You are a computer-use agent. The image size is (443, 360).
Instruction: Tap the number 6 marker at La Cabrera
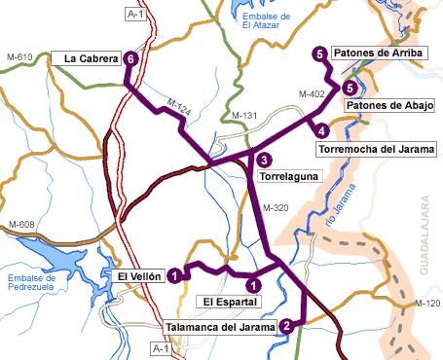click(130, 59)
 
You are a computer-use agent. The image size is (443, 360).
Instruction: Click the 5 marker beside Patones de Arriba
click(319, 54)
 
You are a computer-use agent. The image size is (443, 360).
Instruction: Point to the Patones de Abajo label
click(388, 105)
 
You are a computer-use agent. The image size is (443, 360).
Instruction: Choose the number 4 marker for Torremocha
click(320, 128)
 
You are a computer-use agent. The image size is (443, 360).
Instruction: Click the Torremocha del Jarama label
click(376, 149)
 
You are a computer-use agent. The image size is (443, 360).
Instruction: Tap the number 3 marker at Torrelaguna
click(264, 161)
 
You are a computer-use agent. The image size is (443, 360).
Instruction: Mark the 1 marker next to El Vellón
click(173, 276)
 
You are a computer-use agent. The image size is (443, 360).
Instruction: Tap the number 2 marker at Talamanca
click(285, 326)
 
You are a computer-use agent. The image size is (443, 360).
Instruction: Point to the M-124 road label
click(177, 104)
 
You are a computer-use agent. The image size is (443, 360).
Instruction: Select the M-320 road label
click(276, 208)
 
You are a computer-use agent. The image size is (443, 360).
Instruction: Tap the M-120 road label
click(426, 304)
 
